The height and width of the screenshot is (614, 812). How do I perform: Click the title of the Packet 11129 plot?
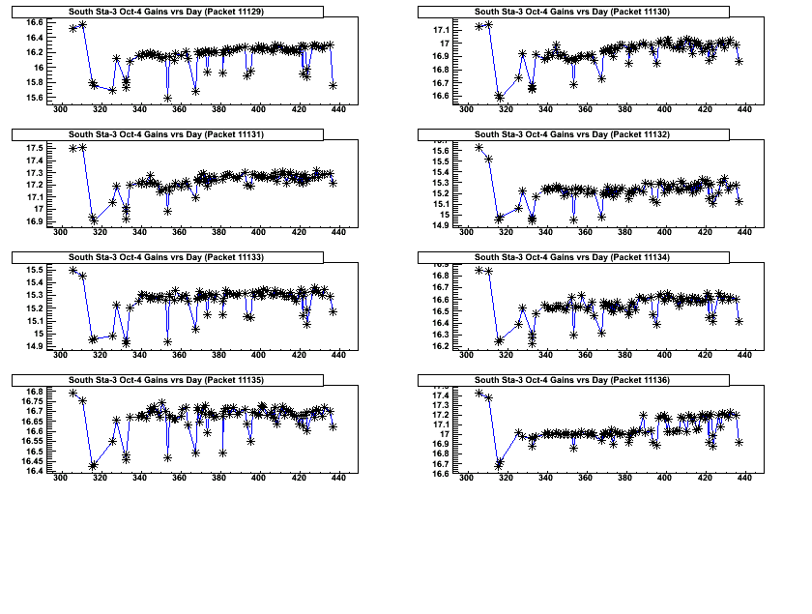coord(167,11)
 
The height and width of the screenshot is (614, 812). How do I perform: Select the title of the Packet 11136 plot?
coord(573,378)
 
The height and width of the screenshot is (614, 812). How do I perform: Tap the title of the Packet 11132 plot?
coord(573,133)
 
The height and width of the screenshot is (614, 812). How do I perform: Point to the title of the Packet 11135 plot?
coord(167,378)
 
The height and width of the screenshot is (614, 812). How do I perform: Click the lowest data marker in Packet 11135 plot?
coord(94,465)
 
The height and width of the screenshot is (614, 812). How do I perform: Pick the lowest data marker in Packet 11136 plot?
coord(500,464)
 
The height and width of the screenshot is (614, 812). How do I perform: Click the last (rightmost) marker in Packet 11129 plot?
coord(333,85)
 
